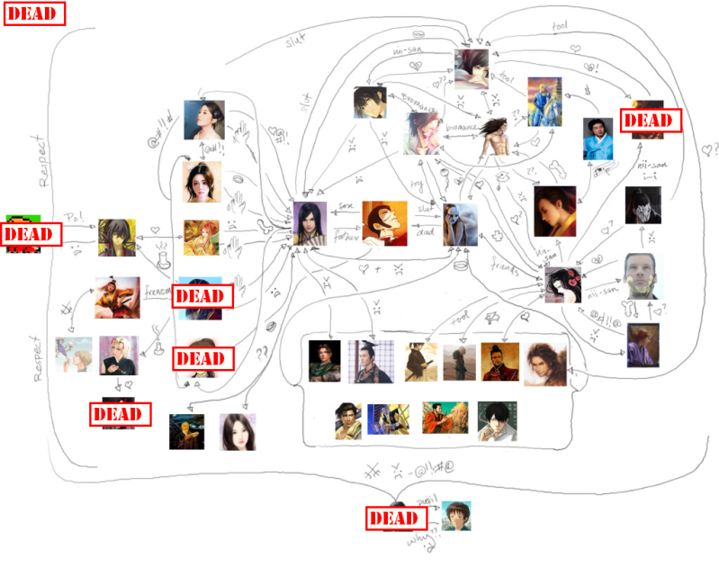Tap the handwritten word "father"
pyautogui.click(x=346, y=236)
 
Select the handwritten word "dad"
pyautogui.click(x=426, y=233)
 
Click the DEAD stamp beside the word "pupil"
pyautogui.click(x=393, y=518)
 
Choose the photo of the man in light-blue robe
pyautogui.click(x=597, y=137)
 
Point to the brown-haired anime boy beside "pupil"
pyautogui.click(x=456, y=516)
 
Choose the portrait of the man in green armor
pyautogui.click(x=325, y=360)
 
